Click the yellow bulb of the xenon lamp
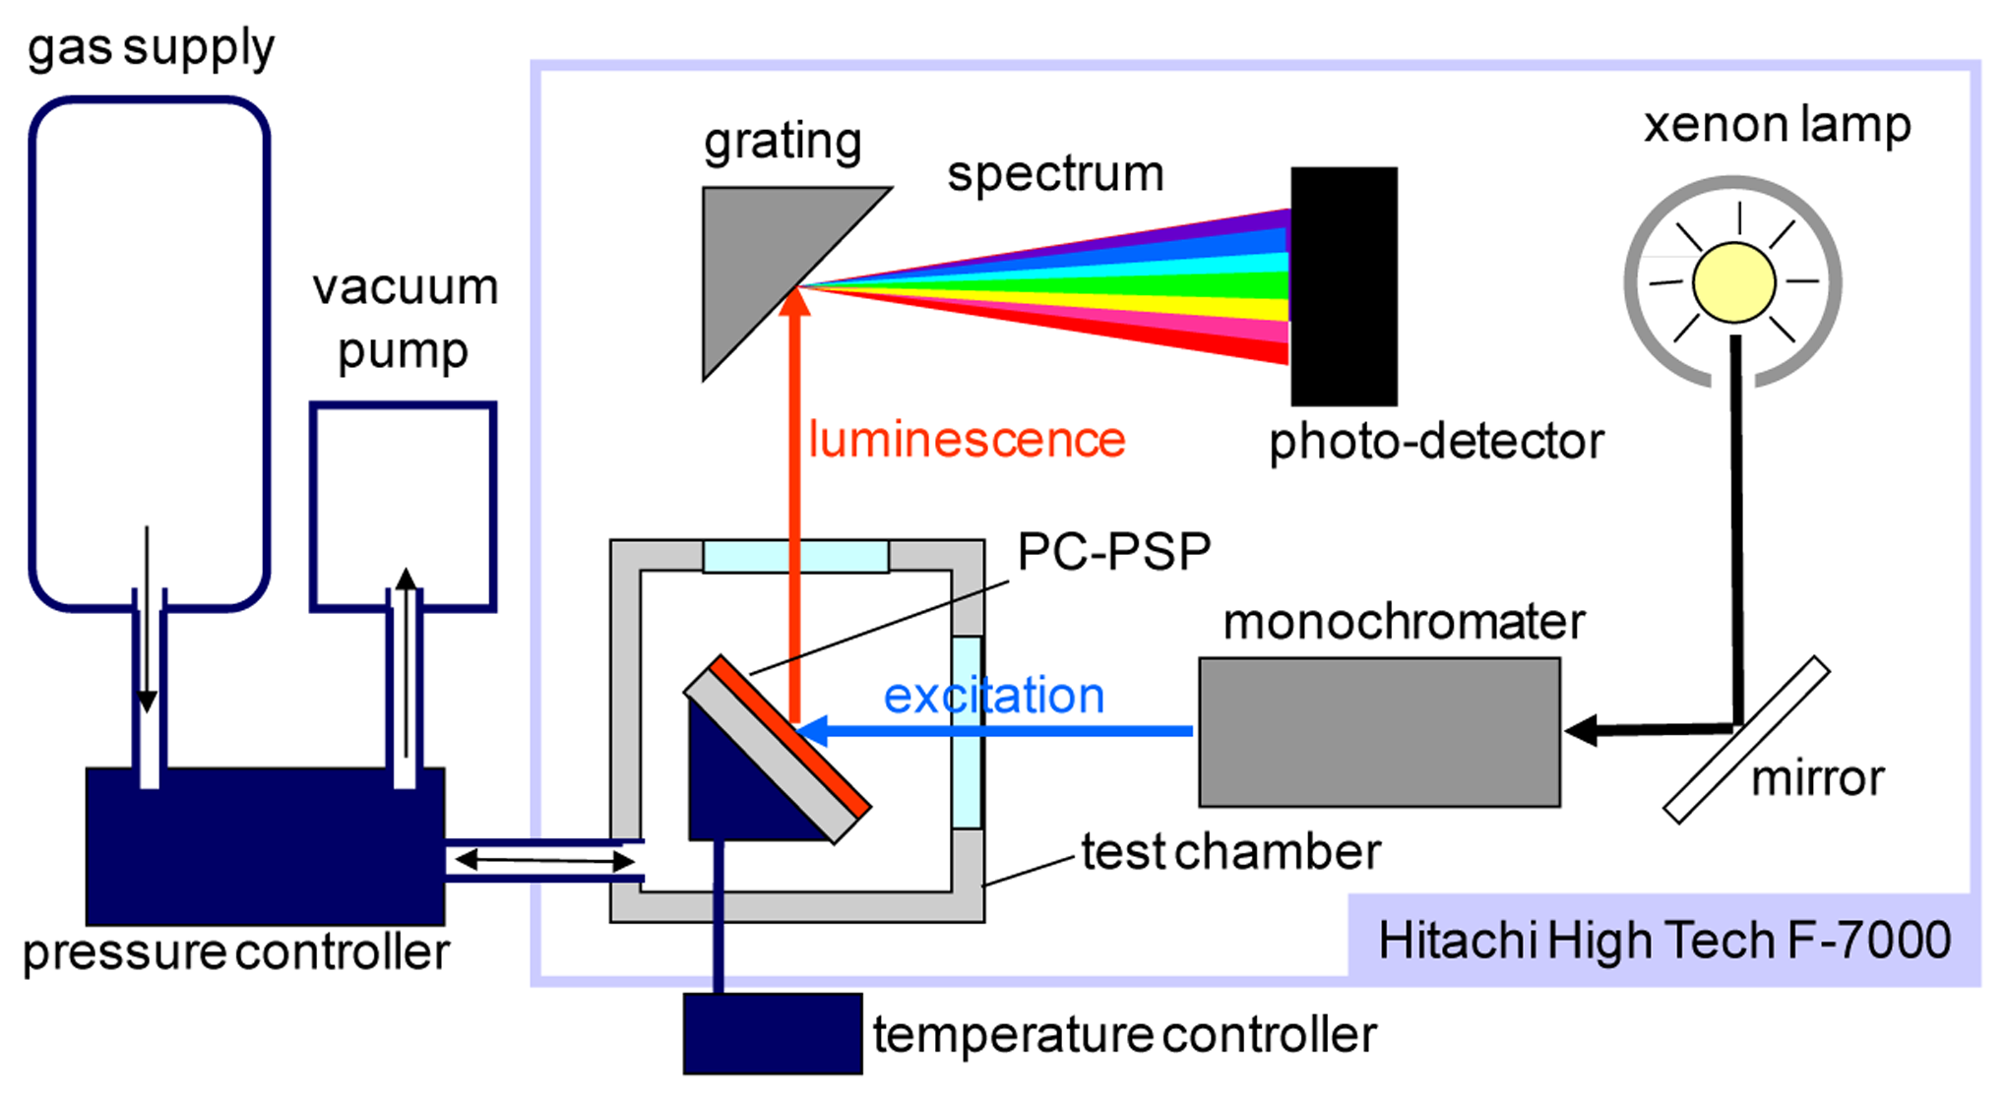(x=1733, y=282)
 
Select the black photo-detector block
(x=1344, y=286)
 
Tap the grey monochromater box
(x=1379, y=733)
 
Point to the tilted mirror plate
(x=1746, y=740)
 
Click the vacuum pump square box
(x=403, y=507)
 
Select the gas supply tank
(x=150, y=354)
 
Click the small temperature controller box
(x=773, y=1033)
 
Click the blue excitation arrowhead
(x=815, y=730)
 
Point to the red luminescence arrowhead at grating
(x=794, y=303)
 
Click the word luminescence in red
(x=967, y=440)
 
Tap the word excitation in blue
(x=994, y=696)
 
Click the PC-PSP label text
(x=1113, y=551)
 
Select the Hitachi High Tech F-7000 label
(x=1663, y=940)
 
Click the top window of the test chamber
(x=795, y=556)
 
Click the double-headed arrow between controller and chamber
(x=544, y=861)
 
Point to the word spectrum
(x=1055, y=174)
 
